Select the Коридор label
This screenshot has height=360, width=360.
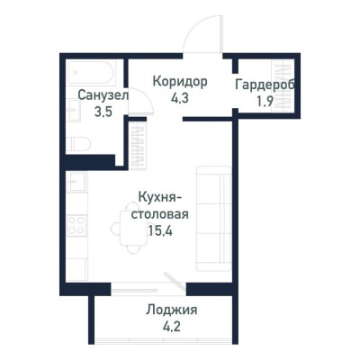180,81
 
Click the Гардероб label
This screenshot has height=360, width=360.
266,85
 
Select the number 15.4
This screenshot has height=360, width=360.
159,231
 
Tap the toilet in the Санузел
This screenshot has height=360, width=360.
77,142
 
